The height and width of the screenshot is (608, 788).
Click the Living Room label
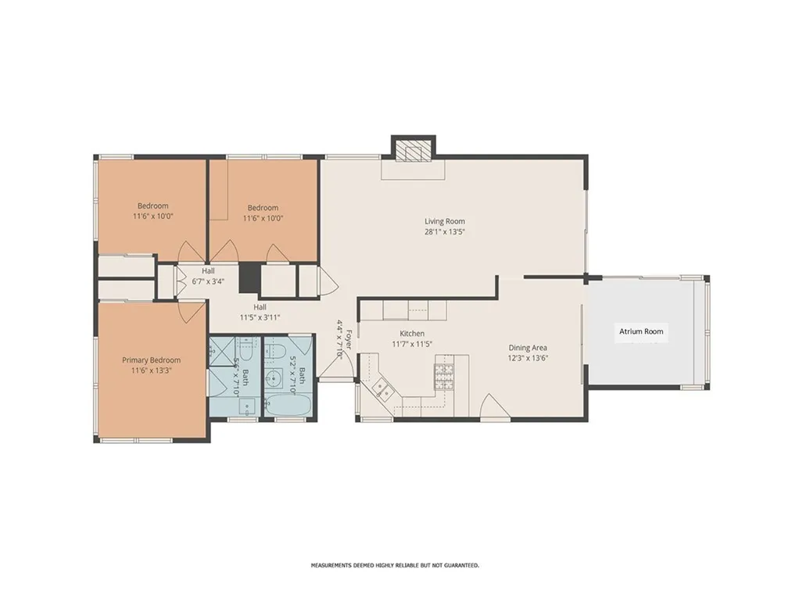click(x=445, y=221)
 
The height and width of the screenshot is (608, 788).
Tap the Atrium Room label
click(x=641, y=331)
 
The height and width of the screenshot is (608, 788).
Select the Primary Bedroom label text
click(x=151, y=360)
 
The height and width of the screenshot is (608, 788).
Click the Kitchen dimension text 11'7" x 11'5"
click(x=407, y=344)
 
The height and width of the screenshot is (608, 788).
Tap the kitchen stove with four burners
click(x=444, y=377)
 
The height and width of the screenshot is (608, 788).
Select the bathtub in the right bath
click(x=288, y=405)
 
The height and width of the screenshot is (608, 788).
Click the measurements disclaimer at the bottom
click(x=395, y=565)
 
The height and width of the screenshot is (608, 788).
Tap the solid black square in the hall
click(x=249, y=278)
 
